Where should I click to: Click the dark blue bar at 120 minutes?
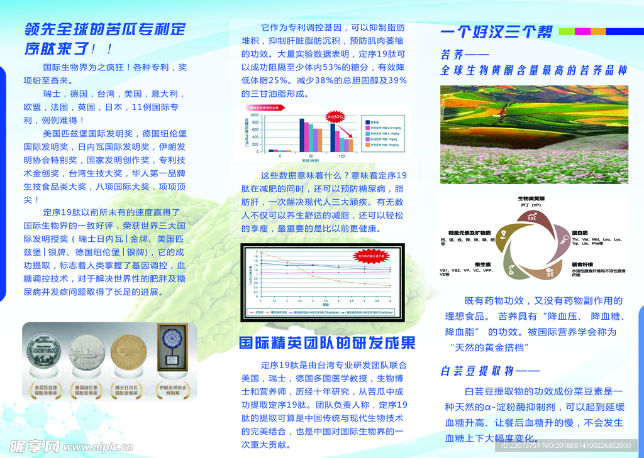[333, 137]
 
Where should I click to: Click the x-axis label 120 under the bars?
[341, 156]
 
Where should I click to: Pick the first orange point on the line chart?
[262, 253]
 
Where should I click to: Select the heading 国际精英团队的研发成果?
[327, 343]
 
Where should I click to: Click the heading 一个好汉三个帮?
[497, 31]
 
